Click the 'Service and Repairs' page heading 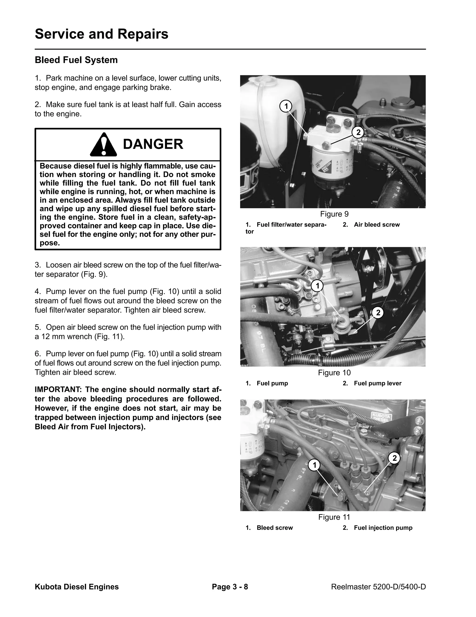(x=101, y=34)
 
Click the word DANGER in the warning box (x=153, y=144)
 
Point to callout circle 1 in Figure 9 (x=286, y=107)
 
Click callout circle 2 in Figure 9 (x=358, y=132)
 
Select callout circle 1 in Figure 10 (x=317, y=286)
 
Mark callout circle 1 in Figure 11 (x=314, y=465)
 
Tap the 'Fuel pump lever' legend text (x=377, y=383)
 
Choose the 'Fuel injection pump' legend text (x=383, y=528)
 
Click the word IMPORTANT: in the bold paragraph (x=58, y=390)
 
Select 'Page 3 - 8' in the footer (x=230, y=587)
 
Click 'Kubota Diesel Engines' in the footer (x=77, y=587)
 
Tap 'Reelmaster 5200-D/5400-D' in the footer (x=378, y=587)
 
